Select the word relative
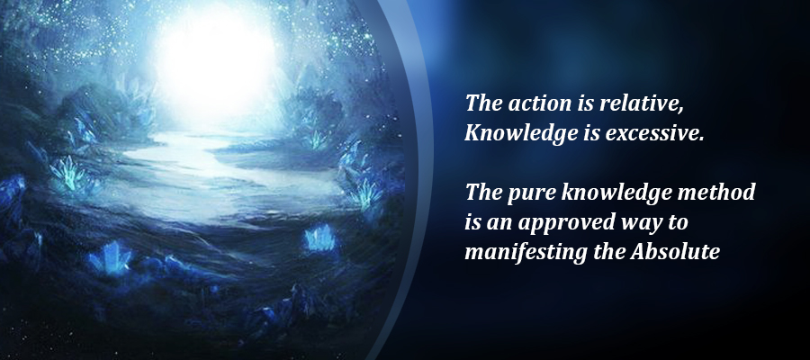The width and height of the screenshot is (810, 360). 637,103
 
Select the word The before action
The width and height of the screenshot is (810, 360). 484,103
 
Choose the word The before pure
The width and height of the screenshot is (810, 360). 483,193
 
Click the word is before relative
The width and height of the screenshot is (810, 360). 584,103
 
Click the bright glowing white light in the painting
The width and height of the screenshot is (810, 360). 216,61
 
